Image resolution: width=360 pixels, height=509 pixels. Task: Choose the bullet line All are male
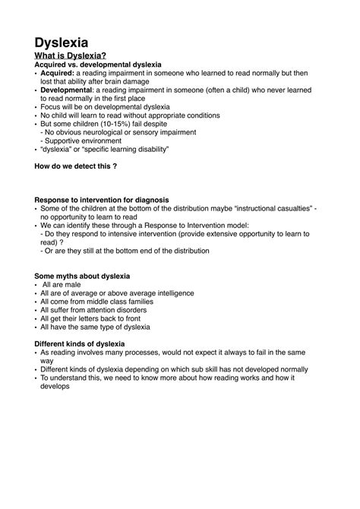pos(62,284)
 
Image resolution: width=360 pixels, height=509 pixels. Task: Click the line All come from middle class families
pos(96,302)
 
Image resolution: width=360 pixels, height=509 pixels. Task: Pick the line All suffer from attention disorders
pos(96,310)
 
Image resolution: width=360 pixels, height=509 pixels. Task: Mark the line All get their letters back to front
pos(93,318)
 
